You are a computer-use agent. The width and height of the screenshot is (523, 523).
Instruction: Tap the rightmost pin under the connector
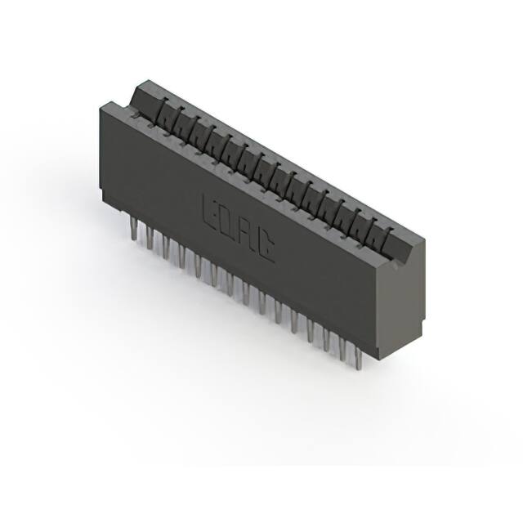click(356, 353)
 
